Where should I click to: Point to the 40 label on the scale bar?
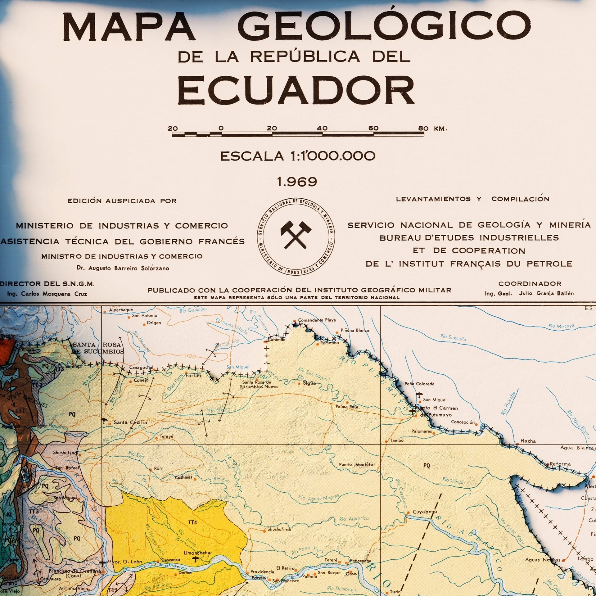coord(323,128)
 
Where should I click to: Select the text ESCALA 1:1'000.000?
coord(297,156)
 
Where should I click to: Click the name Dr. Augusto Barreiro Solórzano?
coord(123,268)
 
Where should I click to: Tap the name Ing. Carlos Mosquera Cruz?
coord(47,294)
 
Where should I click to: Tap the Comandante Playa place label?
coord(317,320)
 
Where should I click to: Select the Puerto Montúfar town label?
coord(357,465)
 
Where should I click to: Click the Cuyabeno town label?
coord(424,512)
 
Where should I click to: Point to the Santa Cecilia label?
coord(130,422)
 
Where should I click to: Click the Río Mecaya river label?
coord(561,326)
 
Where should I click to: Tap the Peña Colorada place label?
coord(421,384)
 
